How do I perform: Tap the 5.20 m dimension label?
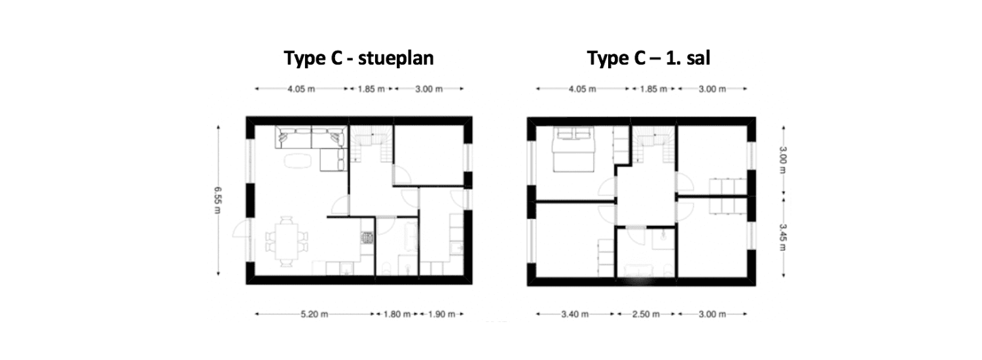click(x=314, y=314)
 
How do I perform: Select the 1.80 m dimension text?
click(x=397, y=314)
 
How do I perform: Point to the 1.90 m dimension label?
click(x=441, y=314)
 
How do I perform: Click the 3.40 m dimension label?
click(x=575, y=314)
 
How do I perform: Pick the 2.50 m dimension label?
click(x=646, y=314)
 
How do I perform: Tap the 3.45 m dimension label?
click(x=783, y=238)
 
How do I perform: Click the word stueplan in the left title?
click(x=396, y=58)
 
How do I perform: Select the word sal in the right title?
click(x=699, y=58)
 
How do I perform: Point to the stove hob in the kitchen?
click(x=367, y=238)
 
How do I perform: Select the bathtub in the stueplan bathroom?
click(x=411, y=236)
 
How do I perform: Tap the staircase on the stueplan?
click(x=371, y=144)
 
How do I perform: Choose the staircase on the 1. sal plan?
click(x=653, y=144)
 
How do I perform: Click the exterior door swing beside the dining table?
click(x=241, y=228)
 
